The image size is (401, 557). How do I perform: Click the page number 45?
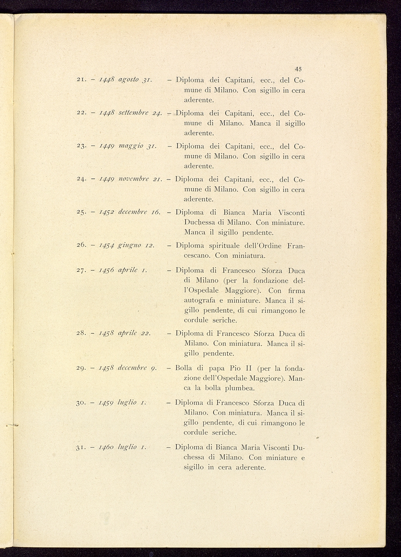(298, 69)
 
